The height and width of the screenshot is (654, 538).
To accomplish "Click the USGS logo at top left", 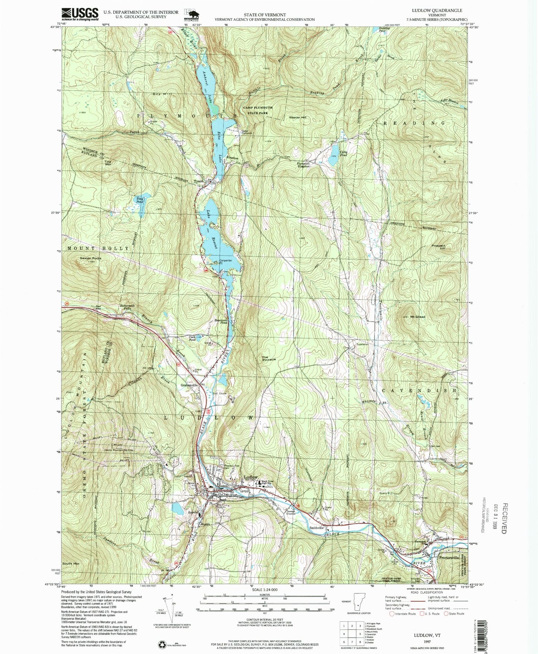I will tap(80, 14).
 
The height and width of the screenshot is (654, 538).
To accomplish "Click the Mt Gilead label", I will tap(418, 317).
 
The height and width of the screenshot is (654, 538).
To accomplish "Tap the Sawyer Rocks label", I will tap(90, 258).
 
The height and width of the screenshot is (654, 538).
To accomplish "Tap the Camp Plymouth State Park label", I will tap(258, 109).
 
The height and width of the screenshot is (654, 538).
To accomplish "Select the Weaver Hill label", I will tap(297, 118).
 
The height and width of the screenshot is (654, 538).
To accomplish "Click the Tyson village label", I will tap(198, 182).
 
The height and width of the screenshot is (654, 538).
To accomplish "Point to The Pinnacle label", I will tap(269, 358).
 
